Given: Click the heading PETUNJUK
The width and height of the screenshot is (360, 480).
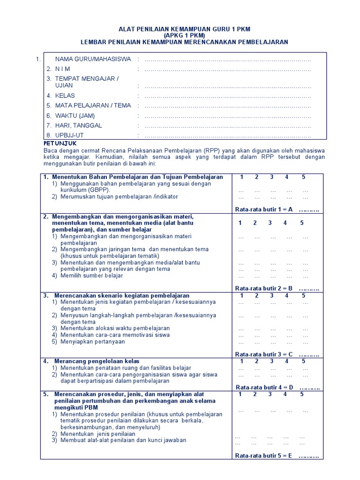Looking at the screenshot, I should click(60, 143).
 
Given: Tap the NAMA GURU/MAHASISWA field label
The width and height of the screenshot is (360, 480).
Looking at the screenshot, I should click(93, 59).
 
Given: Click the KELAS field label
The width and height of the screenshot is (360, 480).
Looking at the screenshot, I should click(65, 96).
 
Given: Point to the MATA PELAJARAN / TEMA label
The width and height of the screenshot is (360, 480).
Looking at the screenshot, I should click(93, 105).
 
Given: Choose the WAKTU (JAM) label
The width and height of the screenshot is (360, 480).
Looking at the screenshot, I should click(75, 115).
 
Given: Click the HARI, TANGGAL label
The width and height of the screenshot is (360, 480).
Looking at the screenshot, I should click(78, 125).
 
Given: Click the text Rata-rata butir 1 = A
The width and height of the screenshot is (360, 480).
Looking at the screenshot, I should click(264, 210).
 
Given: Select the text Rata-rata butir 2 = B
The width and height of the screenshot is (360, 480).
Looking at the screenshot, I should click(264, 288).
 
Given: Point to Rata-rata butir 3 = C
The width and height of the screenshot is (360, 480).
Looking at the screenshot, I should click(264, 354).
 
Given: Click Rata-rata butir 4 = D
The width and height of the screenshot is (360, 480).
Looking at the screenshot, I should click(264, 387).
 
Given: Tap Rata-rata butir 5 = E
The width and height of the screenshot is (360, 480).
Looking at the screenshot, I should click(264, 455).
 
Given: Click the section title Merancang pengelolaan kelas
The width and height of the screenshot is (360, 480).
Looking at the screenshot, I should click(97, 361).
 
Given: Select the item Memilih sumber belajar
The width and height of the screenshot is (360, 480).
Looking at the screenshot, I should click(91, 276).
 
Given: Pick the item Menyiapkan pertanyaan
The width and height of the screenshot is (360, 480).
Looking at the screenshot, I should click(92, 342).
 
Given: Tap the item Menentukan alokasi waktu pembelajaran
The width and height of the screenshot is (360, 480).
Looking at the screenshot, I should click(115, 328).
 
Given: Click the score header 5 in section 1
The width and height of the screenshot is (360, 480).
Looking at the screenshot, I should click(303, 177).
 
